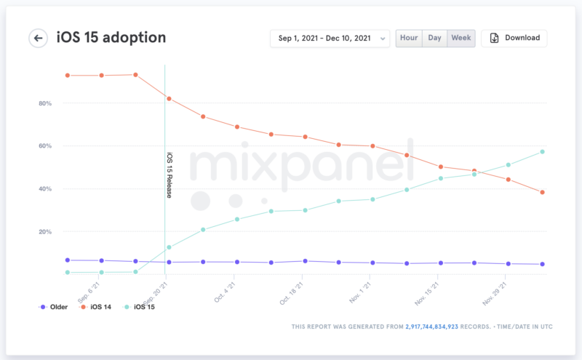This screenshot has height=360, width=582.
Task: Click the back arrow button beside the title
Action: [39, 38]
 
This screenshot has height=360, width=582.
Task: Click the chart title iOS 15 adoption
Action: [111, 37]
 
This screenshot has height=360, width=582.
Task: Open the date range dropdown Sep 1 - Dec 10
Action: [330, 39]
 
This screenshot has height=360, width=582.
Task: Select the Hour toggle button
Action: [409, 38]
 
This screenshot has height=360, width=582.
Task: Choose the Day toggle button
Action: [434, 38]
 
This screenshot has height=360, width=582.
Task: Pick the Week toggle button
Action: [461, 38]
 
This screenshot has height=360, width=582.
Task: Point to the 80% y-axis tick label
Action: [44, 103]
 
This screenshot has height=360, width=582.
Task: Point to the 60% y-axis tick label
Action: [44, 146]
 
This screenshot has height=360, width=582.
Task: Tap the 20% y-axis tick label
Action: [44, 232]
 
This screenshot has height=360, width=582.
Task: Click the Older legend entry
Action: [55, 307]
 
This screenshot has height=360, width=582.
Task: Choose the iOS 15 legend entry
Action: [140, 307]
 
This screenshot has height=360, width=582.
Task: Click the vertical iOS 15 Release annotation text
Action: [170, 175]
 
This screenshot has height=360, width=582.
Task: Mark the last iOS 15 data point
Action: [542, 151]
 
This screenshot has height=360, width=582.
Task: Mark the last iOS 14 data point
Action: [542, 192]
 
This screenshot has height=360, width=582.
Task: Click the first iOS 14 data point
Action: [68, 75]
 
